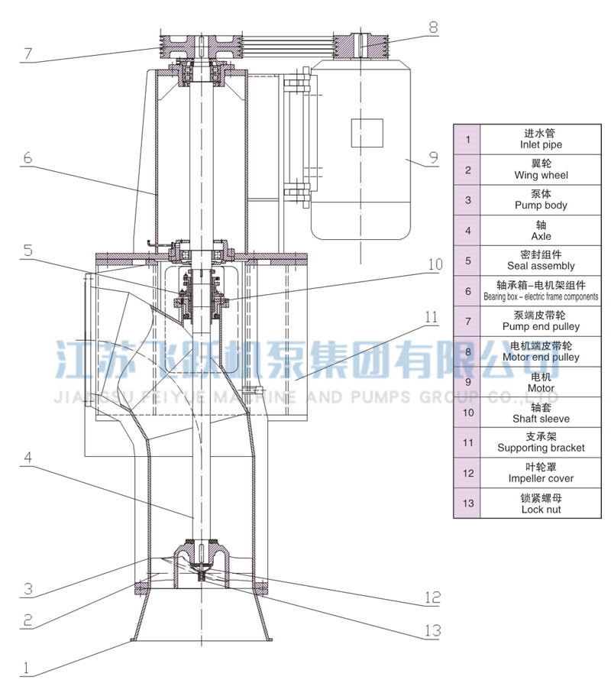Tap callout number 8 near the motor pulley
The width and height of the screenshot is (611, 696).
[433, 27]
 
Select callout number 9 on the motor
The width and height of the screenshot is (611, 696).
[433, 158]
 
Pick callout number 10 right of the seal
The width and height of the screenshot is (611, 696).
[435, 265]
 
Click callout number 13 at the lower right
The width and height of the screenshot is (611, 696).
[433, 631]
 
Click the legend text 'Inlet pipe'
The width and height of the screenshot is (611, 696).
[541, 144]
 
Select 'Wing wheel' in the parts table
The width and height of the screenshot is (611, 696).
[541, 175]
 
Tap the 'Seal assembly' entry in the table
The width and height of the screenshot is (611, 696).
[541, 266]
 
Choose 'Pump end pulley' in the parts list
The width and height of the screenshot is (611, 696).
[541, 326]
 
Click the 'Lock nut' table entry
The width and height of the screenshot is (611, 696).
[541, 509]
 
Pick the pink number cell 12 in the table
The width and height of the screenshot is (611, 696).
[468, 473]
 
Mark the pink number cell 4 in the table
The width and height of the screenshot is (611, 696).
[468, 230]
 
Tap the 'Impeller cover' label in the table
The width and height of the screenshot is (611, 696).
[541, 478]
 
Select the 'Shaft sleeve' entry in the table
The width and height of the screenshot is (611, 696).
[541, 418]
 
